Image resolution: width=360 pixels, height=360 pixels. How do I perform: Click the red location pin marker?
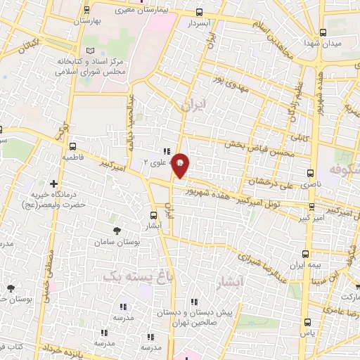click(x=181, y=165)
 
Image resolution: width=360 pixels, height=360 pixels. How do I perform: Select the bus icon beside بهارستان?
click(x=86, y=10)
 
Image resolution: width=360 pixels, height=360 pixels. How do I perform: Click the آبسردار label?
click(x=200, y=23)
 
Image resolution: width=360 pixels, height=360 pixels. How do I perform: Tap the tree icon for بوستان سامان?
click(x=117, y=229)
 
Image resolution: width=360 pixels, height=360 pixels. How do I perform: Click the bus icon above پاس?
click(x=306, y=321)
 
